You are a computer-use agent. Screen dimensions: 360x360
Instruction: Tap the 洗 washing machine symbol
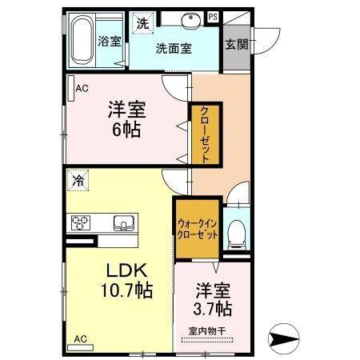pyautogui.click(x=142, y=24)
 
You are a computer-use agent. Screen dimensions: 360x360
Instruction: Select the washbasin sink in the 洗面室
pyautogui.click(x=190, y=22)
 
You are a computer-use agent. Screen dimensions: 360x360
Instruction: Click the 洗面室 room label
pyautogui.click(x=173, y=48)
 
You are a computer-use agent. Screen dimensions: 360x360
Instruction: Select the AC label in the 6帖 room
pyautogui.click(x=82, y=89)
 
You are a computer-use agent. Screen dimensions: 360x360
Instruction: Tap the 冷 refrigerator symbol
pyautogui.click(x=78, y=181)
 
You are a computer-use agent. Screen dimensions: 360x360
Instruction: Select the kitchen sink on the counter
pyautogui.click(x=124, y=222)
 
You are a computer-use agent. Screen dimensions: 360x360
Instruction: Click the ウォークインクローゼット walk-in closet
pyautogui.click(x=197, y=230)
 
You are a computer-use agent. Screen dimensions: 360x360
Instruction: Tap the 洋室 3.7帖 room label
pyautogui.click(x=212, y=298)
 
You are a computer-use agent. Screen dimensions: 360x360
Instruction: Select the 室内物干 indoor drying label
pyautogui.click(x=207, y=330)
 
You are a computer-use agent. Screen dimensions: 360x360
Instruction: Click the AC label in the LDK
pyautogui.click(x=81, y=339)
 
